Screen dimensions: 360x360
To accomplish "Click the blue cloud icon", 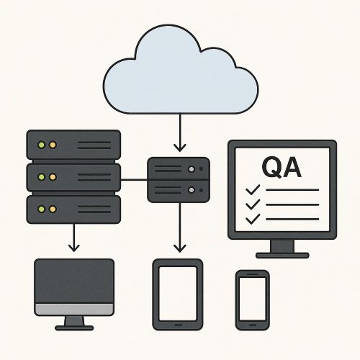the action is (x=181, y=72).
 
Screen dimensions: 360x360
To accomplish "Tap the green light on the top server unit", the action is (x=42, y=145).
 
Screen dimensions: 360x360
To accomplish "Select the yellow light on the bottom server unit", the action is (x=53, y=209).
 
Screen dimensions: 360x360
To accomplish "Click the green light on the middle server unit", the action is (x=42, y=177).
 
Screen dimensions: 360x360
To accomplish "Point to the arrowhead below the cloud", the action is (x=180, y=148).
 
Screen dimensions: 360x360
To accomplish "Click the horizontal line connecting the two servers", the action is (x=134, y=179).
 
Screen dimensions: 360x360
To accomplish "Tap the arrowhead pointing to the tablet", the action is (x=180, y=248).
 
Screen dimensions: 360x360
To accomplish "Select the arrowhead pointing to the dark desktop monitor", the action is (x=74, y=248).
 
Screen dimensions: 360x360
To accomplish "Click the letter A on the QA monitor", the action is (x=292, y=167).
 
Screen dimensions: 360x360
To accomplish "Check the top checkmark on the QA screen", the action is (x=253, y=189).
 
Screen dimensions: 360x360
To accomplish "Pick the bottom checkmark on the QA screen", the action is (x=253, y=219).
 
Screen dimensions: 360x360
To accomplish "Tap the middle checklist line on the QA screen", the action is (x=292, y=204).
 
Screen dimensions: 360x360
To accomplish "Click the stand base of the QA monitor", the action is (x=282, y=256).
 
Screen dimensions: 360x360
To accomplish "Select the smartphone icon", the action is (x=253, y=300).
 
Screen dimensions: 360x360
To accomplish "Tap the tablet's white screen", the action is (x=178, y=294).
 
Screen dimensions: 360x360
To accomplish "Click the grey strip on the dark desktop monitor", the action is (x=74, y=309).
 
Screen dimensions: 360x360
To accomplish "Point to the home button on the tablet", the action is (x=178, y=325).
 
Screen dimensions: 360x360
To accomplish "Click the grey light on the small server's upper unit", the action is (x=192, y=169).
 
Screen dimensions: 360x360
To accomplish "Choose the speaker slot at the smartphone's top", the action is (x=253, y=274).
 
